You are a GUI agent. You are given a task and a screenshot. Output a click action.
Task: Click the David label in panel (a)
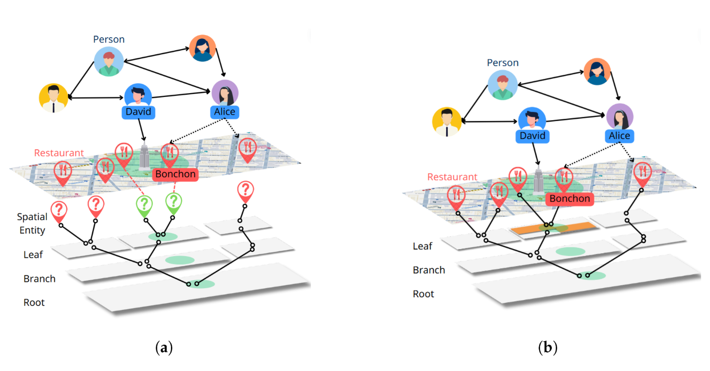point(138,112)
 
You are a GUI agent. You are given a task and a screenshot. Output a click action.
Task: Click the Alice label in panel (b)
point(619,136)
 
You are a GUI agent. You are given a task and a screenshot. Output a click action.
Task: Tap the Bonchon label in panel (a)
point(175,174)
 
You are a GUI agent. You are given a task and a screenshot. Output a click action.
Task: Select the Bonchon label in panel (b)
point(569,198)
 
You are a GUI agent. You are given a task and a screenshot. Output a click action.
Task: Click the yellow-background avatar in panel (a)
point(53,98)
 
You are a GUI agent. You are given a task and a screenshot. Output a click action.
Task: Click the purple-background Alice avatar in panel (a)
point(225,93)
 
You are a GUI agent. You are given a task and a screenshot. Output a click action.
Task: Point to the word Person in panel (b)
point(503,62)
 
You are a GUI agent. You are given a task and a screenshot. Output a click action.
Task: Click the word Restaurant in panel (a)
point(59,153)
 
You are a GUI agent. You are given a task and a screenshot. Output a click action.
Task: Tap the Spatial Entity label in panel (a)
point(32,224)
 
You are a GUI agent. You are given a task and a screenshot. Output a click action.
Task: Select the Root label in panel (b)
point(423,294)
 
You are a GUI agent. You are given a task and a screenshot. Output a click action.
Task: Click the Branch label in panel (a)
point(39,279)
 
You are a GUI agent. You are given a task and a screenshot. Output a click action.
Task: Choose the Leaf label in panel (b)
point(422,246)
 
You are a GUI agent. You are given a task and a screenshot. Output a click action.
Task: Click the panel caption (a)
point(164,348)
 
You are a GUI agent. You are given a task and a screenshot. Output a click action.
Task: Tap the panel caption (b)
point(548,348)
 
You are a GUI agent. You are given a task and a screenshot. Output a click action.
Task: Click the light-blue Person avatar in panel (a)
point(109,62)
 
